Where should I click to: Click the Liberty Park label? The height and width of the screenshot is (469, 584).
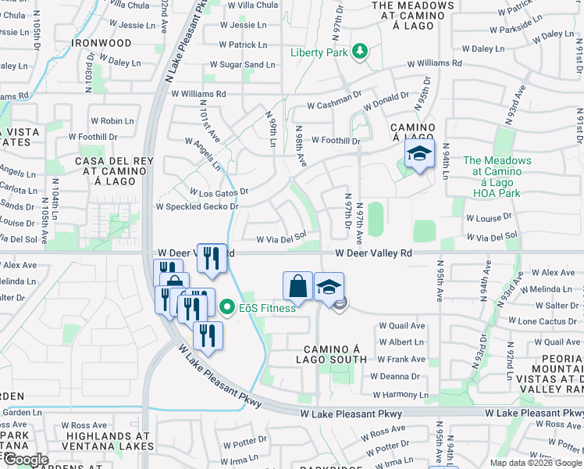click(x=319, y=52)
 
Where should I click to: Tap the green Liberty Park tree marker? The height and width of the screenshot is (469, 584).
click(x=359, y=52)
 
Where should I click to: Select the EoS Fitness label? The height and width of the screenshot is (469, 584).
click(x=267, y=308)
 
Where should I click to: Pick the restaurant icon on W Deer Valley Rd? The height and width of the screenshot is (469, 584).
click(x=212, y=257)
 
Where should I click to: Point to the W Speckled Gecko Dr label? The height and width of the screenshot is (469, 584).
click(x=196, y=207)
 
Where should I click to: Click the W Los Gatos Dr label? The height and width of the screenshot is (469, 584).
click(x=219, y=192)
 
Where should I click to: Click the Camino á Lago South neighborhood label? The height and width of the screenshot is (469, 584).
click(x=330, y=353)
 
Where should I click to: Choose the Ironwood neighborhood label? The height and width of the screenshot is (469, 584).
click(x=101, y=42)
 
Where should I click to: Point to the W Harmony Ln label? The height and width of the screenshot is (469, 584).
click(x=401, y=395)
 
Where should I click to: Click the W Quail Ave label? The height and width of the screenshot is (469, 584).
click(x=401, y=326)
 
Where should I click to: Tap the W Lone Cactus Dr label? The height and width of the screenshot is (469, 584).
click(x=547, y=321)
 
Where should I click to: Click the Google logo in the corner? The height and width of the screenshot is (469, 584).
click(x=26, y=459)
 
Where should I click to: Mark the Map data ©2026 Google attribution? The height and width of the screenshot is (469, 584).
click(x=536, y=463)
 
